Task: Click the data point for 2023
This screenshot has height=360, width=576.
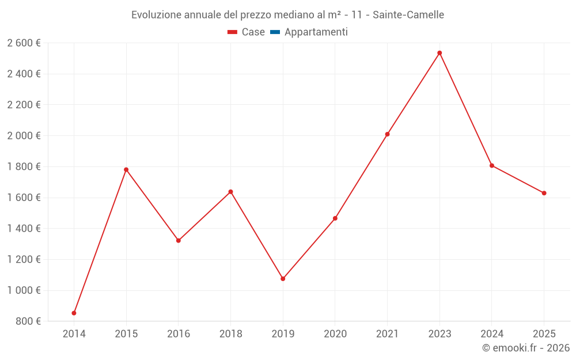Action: click(x=439, y=53)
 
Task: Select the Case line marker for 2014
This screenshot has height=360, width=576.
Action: click(x=74, y=313)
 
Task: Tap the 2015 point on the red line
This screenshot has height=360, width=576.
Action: click(x=126, y=169)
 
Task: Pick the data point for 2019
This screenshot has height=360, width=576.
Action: click(x=283, y=279)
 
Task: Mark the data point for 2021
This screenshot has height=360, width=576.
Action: click(x=387, y=134)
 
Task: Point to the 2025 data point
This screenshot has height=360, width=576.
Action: click(x=544, y=193)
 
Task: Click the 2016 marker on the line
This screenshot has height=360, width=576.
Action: click(x=179, y=240)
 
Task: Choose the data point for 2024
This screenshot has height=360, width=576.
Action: click(x=492, y=165)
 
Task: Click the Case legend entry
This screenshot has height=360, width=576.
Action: click(x=247, y=32)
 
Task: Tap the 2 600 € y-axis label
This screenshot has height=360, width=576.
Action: click(x=24, y=43)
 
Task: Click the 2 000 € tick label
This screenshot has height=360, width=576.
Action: click(x=24, y=136)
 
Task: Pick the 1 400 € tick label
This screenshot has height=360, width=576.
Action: click(x=24, y=229)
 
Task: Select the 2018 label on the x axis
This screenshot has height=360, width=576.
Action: click(x=230, y=334)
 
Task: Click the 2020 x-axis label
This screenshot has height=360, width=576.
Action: click(x=335, y=334)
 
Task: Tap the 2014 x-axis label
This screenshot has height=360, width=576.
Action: click(x=74, y=334)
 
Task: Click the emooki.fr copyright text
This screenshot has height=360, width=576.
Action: click(x=526, y=348)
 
